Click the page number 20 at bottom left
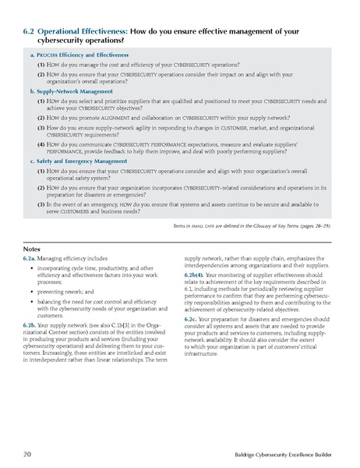[x=27, y=452]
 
